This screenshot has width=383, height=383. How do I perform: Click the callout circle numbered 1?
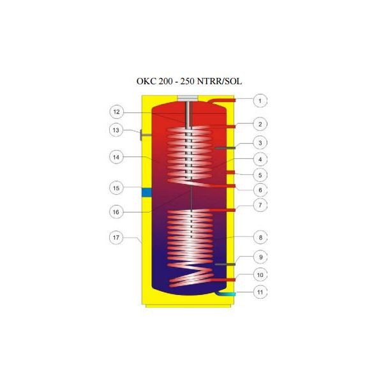tap(260, 101)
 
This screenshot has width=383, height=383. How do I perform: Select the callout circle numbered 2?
tap(260, 124)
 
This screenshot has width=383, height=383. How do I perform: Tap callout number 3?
tap(260, 143)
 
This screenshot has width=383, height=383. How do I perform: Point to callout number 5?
tap(260, 175)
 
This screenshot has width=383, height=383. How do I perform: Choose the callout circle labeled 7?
tap(260, 205)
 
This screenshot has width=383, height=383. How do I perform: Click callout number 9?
tap(260, 257)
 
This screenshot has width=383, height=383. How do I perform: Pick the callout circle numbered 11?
tap(260, 292)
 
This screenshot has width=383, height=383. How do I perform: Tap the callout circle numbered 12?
tap(117, 112)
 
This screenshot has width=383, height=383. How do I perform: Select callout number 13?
tap(116, 130)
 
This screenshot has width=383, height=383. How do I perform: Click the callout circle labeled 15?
tap(116, 188)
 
